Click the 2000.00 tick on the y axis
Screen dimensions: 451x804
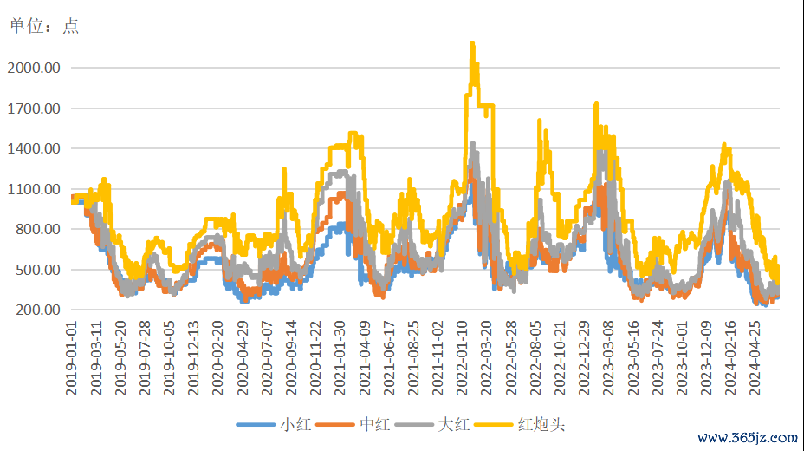click(35, 68)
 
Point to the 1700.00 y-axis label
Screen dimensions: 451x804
click(35, 108)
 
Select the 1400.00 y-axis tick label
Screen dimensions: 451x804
click(35, 148)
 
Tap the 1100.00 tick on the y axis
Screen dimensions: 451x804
click(35, 189)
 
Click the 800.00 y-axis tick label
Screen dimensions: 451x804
click(37, 229)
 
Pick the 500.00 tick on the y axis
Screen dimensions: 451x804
click(37, 270)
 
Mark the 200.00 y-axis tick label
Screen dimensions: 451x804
click(37, 310)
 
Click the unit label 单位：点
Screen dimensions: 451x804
click(43, 26)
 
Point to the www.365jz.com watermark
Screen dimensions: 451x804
click(747, 437)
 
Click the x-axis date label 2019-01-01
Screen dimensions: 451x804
click(73, 357)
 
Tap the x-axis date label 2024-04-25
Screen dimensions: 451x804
click(753, 357)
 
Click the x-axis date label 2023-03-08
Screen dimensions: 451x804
click(607, 357)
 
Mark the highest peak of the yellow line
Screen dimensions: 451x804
click(472, 42)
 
